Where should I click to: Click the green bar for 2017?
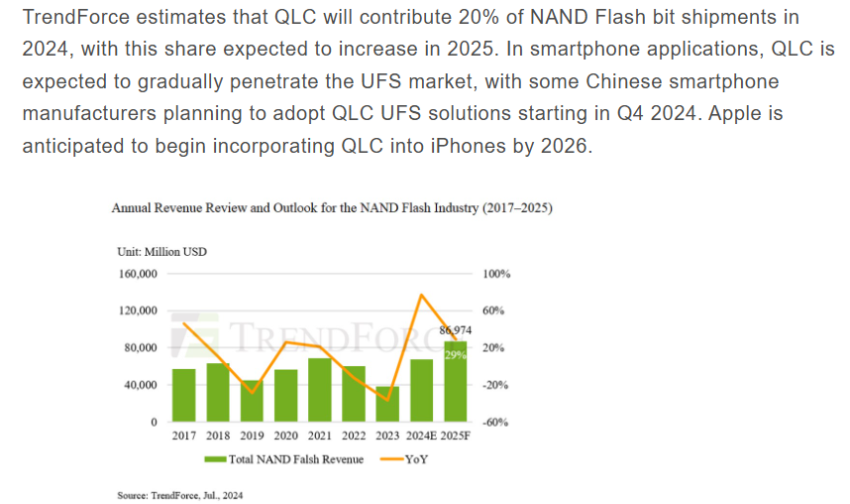coord(184,395)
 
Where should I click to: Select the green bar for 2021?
coord(319,390)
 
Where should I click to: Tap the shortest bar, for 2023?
coord(387,404)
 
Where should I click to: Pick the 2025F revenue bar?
coord(455,382)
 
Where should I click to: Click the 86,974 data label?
coord(455,330)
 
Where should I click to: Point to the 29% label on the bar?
coord(455,354)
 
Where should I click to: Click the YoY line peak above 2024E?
coord(422,295)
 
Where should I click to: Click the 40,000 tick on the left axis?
coord(140,385)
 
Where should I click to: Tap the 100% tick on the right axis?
coord(496,274)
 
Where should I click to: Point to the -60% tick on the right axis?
coord(496,423)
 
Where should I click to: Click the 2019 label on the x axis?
coord(252,437)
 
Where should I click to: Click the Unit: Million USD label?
coord(161,252)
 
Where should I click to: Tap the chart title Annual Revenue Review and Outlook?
coord(332,209)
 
